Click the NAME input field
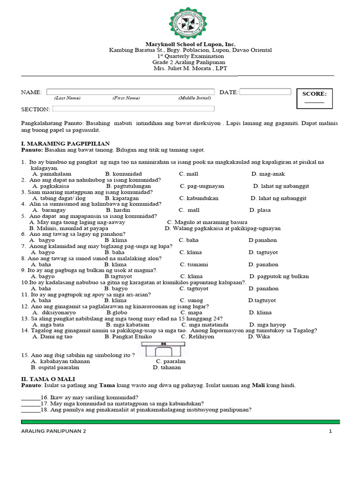(x=130, y=92)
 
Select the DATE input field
(x=265, y=92)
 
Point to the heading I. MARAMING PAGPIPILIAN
(x=66, y=143)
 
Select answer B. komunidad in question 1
(x=123, y=174)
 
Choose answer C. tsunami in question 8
(x=194, y=264)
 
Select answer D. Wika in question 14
(x=259, y=337)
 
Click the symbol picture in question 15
(x=164, y=350)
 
